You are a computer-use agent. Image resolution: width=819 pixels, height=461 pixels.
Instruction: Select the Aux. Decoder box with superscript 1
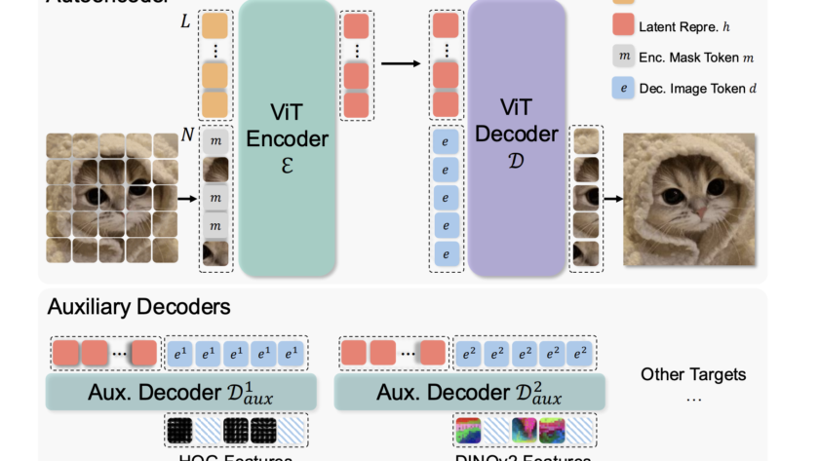point(181,393)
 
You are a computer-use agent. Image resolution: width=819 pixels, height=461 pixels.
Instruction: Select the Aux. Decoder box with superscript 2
point(470,393)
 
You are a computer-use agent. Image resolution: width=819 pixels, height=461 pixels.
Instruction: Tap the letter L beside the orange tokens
point(186,20)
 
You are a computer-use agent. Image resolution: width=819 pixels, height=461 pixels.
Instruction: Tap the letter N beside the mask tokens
point(187,134)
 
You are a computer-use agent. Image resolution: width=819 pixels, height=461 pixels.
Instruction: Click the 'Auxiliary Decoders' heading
point(138,307)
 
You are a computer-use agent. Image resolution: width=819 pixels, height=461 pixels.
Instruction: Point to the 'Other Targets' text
point(693,374)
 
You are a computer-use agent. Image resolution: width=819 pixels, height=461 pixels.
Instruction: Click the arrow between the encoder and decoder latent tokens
point(400,64)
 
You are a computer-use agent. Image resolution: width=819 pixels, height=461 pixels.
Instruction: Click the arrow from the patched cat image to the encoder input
point(186,199)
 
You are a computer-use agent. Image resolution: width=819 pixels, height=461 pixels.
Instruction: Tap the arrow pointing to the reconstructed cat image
point(611,199)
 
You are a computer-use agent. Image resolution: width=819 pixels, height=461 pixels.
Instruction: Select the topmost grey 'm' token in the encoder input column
point(215,142)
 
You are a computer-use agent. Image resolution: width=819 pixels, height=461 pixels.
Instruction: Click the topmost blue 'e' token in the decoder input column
point(446,142)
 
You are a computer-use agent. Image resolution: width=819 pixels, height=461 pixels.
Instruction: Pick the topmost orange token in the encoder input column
point(215,26)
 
